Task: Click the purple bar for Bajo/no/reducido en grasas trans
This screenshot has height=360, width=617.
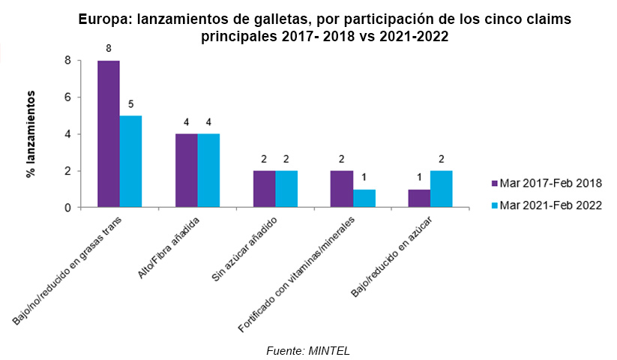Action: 109,134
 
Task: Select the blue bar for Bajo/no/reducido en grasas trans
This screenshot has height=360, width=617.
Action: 131,161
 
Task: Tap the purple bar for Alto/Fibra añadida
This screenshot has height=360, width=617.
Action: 187,171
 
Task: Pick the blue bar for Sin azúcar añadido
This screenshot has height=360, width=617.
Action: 287,189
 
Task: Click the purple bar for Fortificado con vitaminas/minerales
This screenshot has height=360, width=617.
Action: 343,189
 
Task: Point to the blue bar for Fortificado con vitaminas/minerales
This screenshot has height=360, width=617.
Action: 364,198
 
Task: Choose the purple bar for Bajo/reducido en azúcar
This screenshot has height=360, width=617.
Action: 420,198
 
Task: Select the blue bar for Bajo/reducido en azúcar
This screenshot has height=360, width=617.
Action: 442,189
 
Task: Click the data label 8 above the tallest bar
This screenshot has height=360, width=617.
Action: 109,48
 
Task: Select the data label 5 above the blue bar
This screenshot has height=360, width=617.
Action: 131,103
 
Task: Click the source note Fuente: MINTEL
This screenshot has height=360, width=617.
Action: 308,350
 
